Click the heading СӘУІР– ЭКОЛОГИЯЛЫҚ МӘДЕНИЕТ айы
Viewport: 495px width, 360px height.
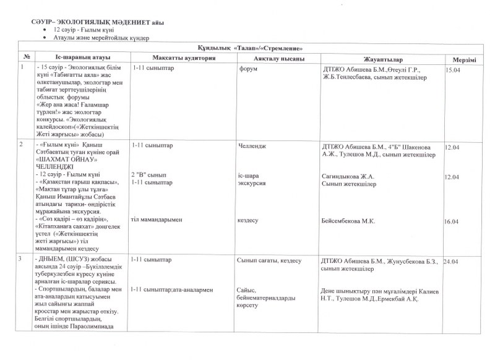[x=98, y=22]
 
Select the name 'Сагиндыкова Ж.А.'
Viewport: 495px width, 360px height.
[x=346, y=176]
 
